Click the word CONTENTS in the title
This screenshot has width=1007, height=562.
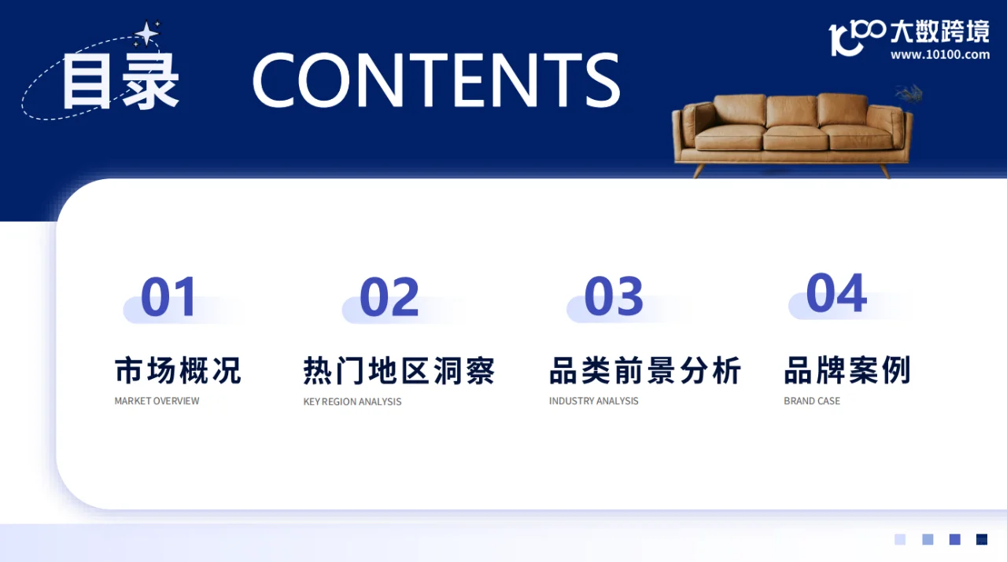pyautogui.click(x=436, y=80)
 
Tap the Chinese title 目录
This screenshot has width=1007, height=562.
pyautogui.click(x=120, y=82)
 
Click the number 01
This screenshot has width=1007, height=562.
pyautogui.click(x=168, y=297)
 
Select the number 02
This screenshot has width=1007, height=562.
pyautogui.click(x=389, y=297)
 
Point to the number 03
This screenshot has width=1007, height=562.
pyautogui.click(x=614, y=297)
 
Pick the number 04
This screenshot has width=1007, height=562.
pyautogui.click(x=836, y=293)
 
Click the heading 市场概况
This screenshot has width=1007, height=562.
pyautogui.click(x=178, y=370)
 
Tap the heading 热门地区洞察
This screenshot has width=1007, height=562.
pyautogui.click(x=399, y=370)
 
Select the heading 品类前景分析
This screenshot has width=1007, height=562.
pyautogui.click(x=645, y=370)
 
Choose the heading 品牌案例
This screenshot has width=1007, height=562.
pyautogui.click(x=847, y=370)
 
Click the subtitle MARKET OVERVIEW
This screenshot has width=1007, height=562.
pyautogui.click(x=157, y=401)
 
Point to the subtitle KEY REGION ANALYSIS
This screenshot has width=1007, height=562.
pyautogui.click(x=352, y=402)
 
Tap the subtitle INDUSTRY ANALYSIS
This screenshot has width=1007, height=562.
pyautogui.click(x=594, y=401)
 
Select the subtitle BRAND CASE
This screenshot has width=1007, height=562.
pyautogui.click(x=812, y=401)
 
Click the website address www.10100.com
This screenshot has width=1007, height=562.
pyautogui.click(x=939, y=55)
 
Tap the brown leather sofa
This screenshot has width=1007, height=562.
pyautogui.click(x=792, y=130)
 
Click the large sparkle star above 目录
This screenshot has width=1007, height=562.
pyautogui.click(x=146, y=33)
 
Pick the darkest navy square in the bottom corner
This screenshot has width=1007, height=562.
pyautogui.click(x=982, y=539)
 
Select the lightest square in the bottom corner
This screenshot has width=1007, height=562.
pyautogui.click(x=900, y=539)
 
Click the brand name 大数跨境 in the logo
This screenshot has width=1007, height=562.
pyautogui.click(x=939, y=31)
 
